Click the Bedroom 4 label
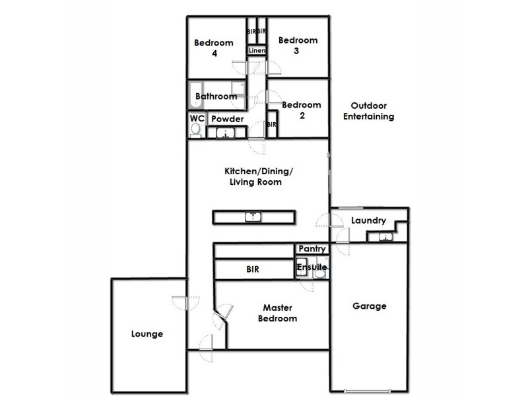(x=213, y=48)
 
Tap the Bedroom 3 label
(x=298, y=46)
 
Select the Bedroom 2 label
(x=301, y=110)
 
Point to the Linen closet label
(x=257, y=50)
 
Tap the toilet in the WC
(x=195, y=131)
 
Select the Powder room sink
(x=226, y=133)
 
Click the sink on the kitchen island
(x=254, y=216)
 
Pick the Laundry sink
(x=382, y=238)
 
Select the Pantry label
(x=312, y=249)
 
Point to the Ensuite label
(x=311, y=267)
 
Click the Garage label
(x=369, y=306)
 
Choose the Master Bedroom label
(x=280, y=313)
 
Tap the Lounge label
(x=147, y=334)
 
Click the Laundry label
(x=368, y=220)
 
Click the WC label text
(x=197, y=118)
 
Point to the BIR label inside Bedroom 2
(x=271, y=124)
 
